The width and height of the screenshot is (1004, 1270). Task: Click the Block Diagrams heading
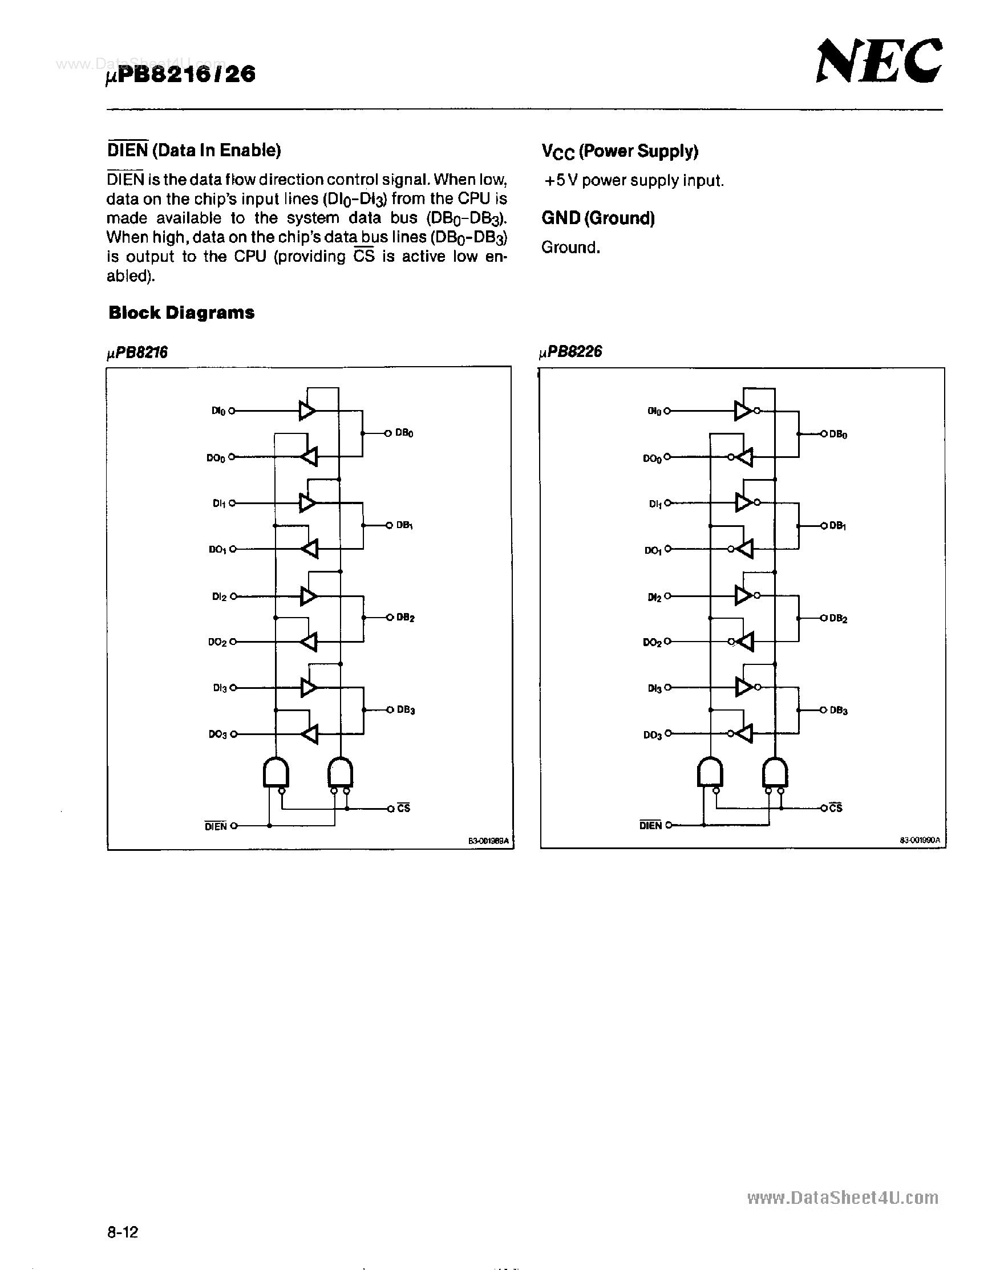(x=181, y=313)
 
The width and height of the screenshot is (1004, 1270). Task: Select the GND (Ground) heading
(x=598, y=218)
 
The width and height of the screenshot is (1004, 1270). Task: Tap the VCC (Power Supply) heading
(x=620, y=152)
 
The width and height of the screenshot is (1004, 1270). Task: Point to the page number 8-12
(x=122, y=1232)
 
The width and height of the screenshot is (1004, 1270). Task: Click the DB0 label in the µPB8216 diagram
(x=404, y=433)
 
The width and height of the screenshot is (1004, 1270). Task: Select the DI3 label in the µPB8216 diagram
(x=220, y=688)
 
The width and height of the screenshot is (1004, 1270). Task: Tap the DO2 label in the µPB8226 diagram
(x=652, y=642)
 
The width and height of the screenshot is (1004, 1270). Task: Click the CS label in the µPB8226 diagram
(x=836, y=808)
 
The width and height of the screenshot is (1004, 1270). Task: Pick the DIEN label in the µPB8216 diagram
(x=216, y=826)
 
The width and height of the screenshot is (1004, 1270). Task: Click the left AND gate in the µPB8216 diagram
(x=275, y=772)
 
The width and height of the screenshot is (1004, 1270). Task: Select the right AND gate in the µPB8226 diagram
(x=775, y=772)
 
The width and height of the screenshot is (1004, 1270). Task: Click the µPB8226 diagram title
(x=570, y=352)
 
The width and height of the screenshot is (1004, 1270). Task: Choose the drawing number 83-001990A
(x=920, y=841)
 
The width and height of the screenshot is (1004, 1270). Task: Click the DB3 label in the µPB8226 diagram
(x=838, y=711)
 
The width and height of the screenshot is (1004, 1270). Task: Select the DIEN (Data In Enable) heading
(x=194, y=151)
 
